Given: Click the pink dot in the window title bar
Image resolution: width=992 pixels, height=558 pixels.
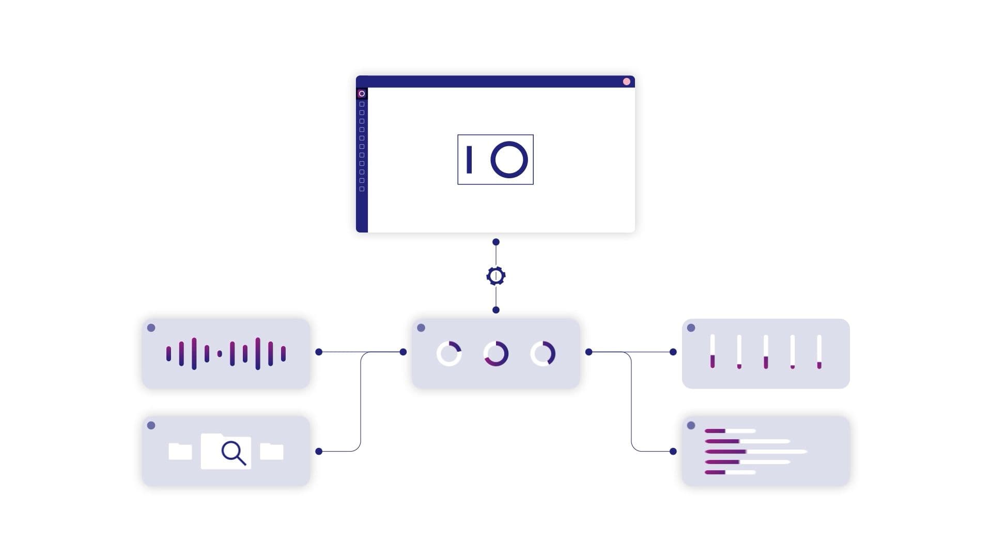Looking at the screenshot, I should (x=626, y=82).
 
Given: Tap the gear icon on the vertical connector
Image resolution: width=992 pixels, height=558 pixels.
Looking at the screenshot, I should (x=496, y=276).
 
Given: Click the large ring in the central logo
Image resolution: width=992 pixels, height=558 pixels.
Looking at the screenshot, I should (x=509, y=160).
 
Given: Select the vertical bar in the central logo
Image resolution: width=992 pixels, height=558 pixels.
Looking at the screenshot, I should (x=469, y=160).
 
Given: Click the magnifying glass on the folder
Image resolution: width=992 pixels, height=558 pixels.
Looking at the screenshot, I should (x=233, y=453).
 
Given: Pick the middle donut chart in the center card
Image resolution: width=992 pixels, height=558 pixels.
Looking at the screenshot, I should (x=496, y=354).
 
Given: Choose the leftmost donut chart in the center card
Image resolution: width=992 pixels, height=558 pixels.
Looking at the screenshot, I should (x=449, y=354).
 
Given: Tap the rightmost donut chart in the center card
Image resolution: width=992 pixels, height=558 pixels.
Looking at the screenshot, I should (x=543, y=354).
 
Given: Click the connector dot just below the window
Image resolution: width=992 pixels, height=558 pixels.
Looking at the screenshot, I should (x=496, y=242).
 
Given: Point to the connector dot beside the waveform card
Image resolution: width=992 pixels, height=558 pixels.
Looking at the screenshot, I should (x=319, y=352).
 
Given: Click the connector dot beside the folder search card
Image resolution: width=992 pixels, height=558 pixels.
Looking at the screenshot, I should (x=319, y=451).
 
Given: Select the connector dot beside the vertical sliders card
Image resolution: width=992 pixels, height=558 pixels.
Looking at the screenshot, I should (x=673, y=352).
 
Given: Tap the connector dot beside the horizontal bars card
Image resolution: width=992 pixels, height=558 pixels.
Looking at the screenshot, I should (x=673, y=451).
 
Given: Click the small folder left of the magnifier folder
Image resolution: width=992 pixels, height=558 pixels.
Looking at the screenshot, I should (x=180, y=452).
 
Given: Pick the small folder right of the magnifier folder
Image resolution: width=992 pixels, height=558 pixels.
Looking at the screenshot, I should (x=272, y=452).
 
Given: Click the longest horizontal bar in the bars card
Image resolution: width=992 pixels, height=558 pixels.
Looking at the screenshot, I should (x=755, y=452).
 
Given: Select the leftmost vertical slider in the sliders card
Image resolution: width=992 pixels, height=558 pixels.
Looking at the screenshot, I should (x=712, y=351).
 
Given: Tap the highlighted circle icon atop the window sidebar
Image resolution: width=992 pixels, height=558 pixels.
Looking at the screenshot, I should (x=362, y=94).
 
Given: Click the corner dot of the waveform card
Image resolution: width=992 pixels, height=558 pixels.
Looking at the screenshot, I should (x=151, y=328).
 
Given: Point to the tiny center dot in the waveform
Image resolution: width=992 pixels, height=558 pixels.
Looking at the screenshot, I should (x=220, y=354).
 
